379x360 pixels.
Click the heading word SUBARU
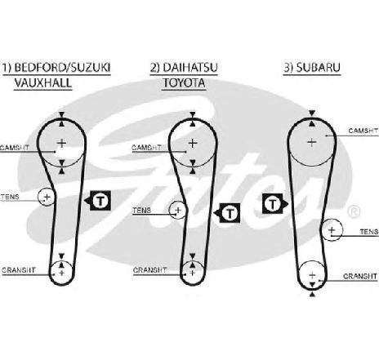coord(319,67)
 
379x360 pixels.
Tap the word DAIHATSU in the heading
coord(190,67)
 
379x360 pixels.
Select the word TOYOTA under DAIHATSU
coord(184,82)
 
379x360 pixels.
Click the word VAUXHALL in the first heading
coord(43,82)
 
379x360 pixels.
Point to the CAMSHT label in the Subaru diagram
coord(363,131)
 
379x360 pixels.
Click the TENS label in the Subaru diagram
coord(369,232)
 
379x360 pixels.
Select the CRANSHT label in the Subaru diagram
coord(360,276)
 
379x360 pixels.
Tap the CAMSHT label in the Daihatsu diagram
coord(146,148)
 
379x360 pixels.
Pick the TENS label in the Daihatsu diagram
coord(141,211)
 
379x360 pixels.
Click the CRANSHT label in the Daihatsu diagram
coord(149,270)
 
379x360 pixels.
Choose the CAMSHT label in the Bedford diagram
coord(15,148)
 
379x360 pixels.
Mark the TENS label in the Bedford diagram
coord(10,197)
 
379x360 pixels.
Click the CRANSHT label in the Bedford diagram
coord(19,270)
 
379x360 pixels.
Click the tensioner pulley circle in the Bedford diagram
coord(38,197)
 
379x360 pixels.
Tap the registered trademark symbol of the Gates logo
coord(354,211)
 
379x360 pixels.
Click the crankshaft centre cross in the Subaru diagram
coord(312,275)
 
